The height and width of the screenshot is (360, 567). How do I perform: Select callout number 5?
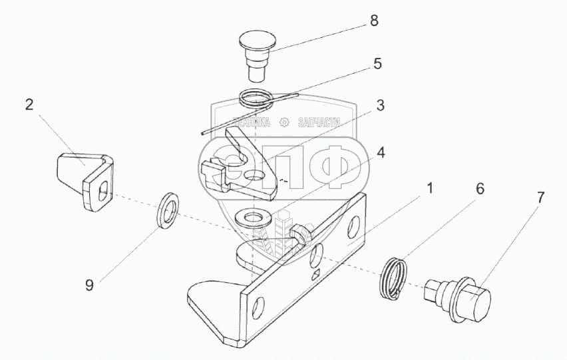377,64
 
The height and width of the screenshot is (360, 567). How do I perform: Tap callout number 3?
380,105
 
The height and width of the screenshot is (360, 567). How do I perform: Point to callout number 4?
380,152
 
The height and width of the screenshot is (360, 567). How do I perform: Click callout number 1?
430,188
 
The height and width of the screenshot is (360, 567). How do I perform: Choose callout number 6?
479,189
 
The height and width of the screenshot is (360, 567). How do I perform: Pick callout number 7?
540,197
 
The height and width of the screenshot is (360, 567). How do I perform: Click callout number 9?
89,286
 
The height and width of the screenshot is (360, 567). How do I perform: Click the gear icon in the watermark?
284,122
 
